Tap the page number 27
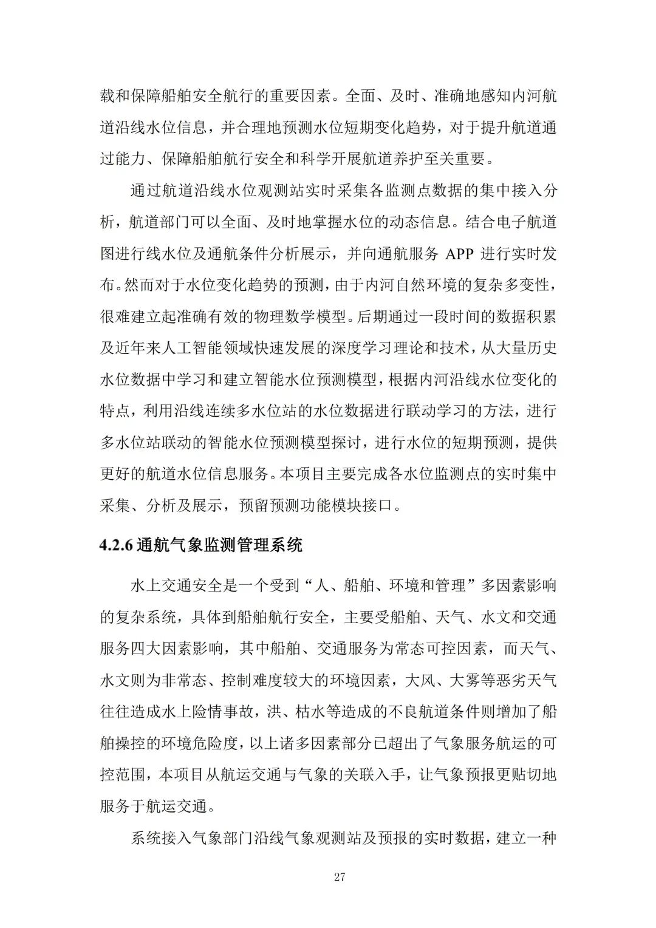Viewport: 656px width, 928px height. point(340,876)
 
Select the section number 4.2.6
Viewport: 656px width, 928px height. point(116,545)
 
